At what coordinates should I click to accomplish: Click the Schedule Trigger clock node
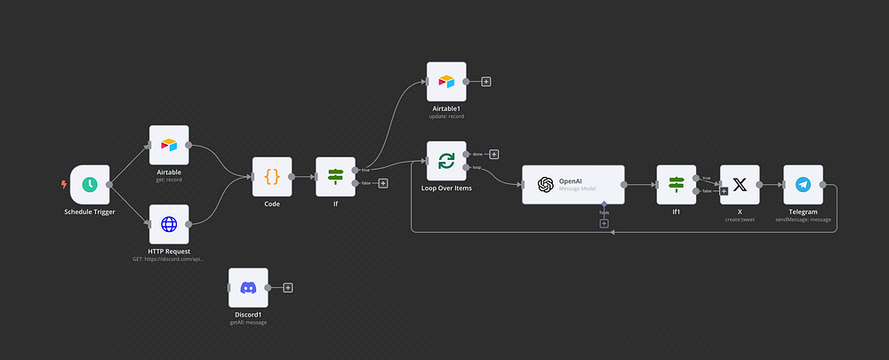(x=90, y=185)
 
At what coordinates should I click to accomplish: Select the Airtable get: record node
(x=169, y=145)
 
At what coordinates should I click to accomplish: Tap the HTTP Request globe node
(x=169, y=224)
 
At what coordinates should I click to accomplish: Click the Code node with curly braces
(x=272, y=177)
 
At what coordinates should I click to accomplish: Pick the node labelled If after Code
(x=335, y=177)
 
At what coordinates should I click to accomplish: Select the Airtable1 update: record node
(x=446, y=82)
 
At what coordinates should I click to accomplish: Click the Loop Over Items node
(x=446, y=161)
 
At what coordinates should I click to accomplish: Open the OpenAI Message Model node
(x=573, y=185)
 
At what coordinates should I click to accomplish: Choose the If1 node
(x=676, y=185)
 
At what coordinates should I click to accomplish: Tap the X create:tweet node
(x=740, y=185)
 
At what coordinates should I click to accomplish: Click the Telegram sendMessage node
(x=803, y=185)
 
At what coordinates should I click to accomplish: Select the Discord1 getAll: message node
(x=248, y=288)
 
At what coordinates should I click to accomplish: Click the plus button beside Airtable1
(x=486, y=82)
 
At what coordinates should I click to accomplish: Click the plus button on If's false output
(x=383, y=184)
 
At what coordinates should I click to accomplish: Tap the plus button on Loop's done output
(x=494, y=154)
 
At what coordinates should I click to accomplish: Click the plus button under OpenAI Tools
(x=604, y=223)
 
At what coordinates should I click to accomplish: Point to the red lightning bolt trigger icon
(x=62, y=185)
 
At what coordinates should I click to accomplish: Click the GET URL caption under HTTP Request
(x=169, y=259)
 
